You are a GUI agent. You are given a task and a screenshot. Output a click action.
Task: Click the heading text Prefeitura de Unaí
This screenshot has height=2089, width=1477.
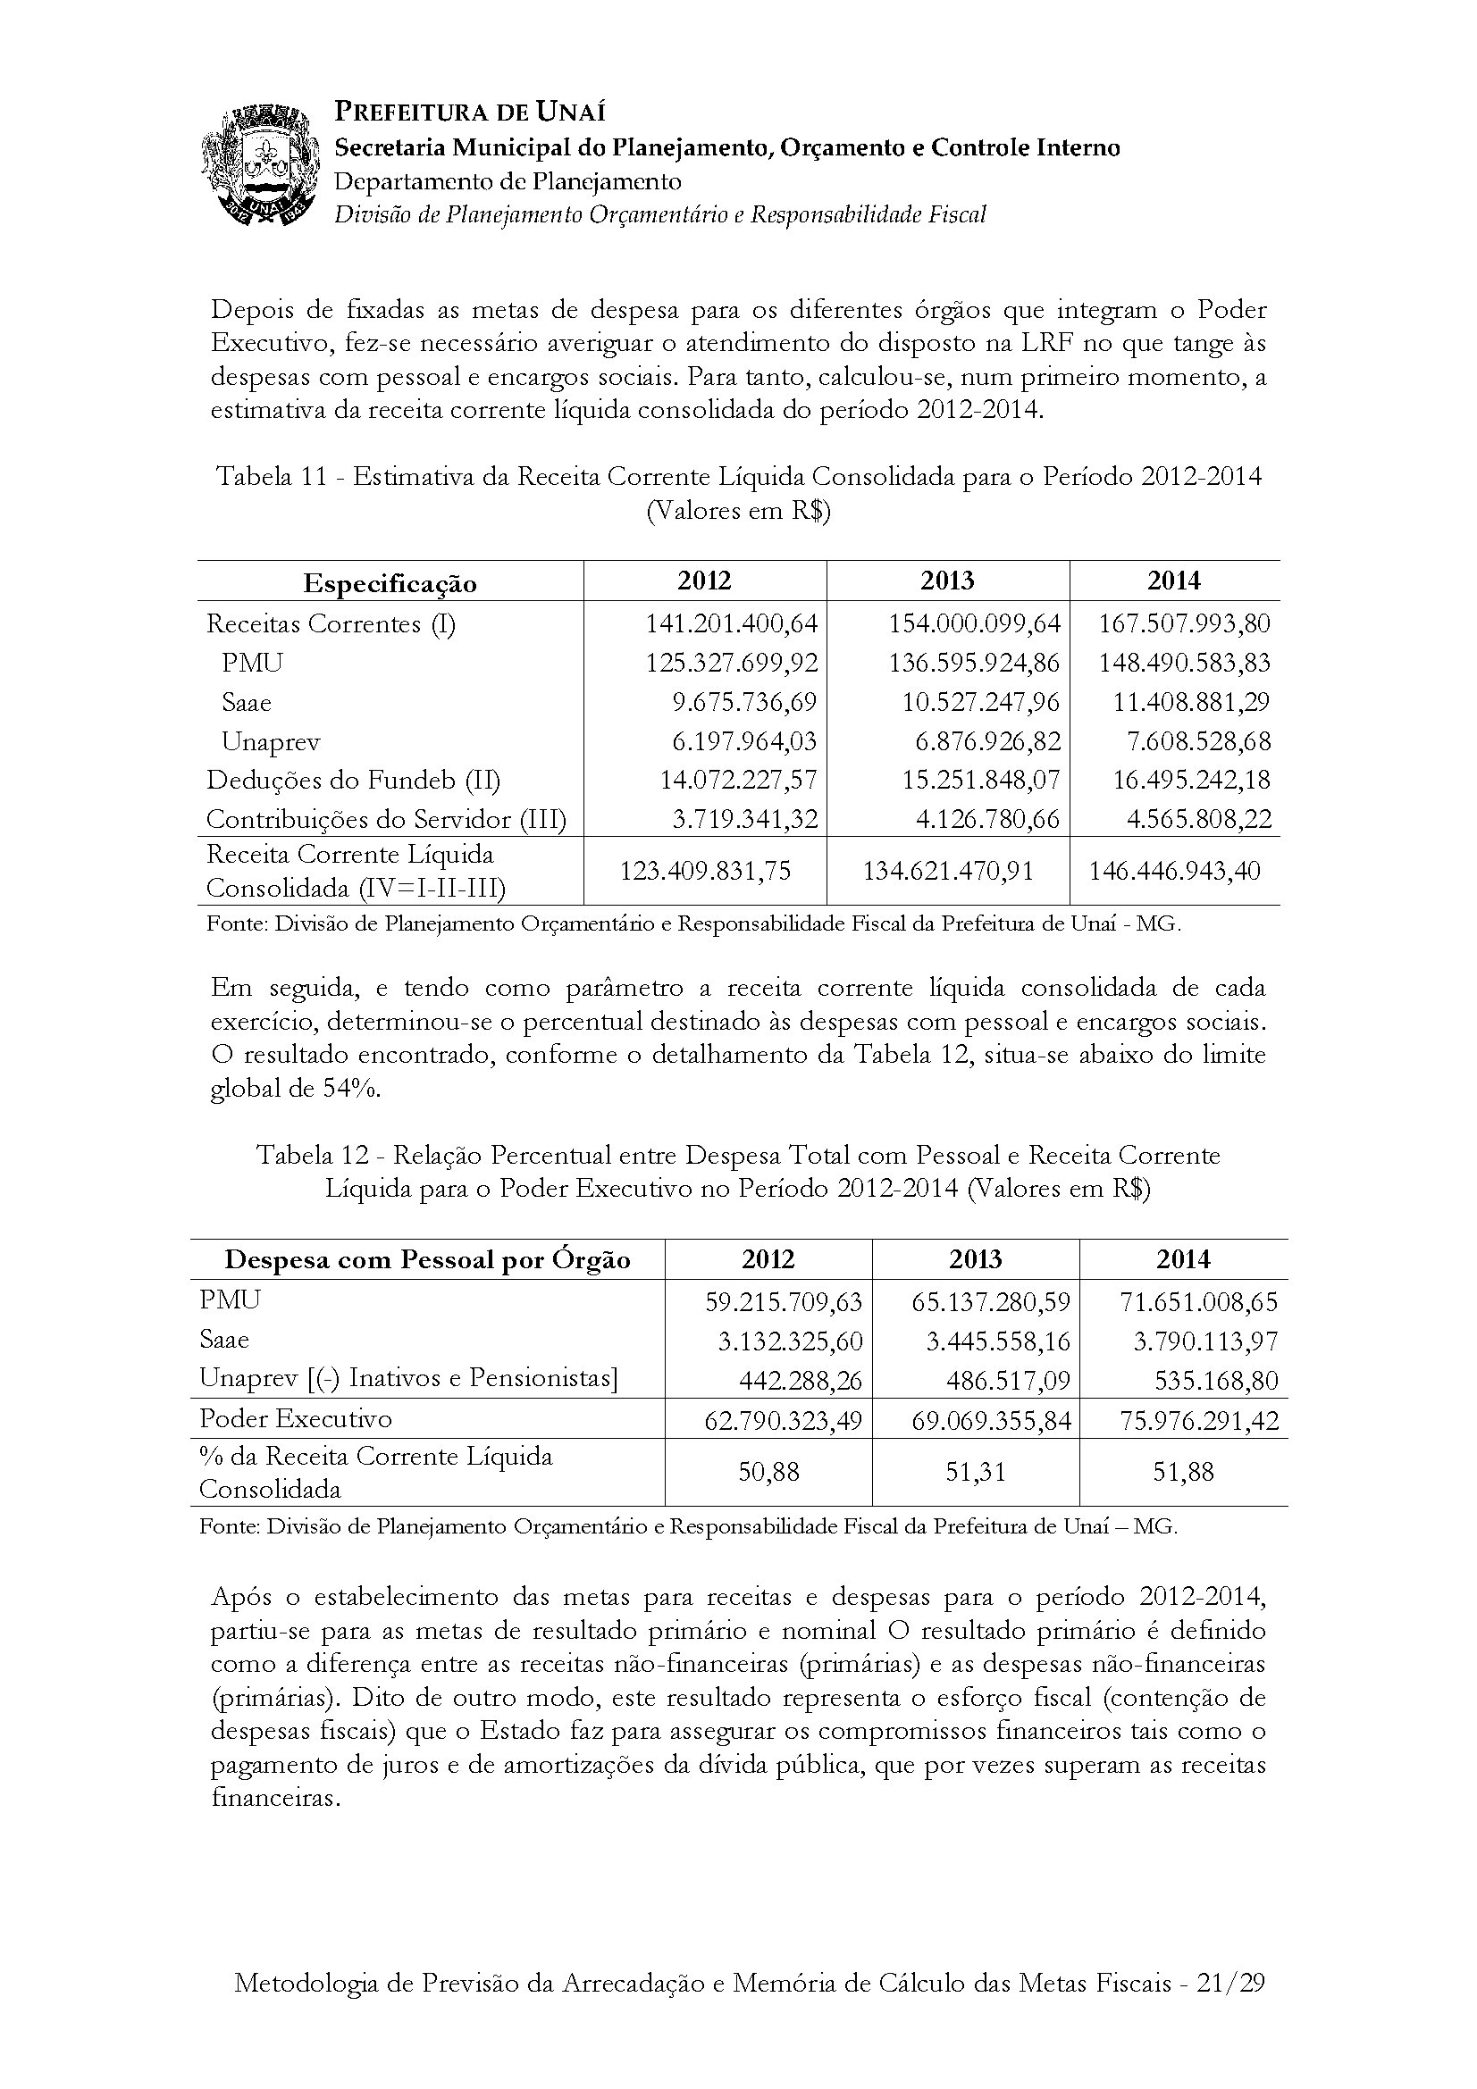[x=470, y=112]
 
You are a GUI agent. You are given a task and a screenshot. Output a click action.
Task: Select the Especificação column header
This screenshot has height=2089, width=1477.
[x=390, y=583]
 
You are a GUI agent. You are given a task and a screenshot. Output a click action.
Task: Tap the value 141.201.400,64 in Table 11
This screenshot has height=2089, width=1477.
[x=732, y=623]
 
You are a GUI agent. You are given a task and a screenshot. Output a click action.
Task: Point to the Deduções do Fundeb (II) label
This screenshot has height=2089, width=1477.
[x=353, y=780]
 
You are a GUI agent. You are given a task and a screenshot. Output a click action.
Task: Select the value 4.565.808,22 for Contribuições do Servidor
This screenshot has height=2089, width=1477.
[x=1198, y=819]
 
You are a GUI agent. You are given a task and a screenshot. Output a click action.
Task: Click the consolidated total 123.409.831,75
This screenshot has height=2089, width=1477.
[x=705, y=871]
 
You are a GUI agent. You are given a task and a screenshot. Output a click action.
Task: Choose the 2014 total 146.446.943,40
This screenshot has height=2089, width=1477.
[x=1175, y=871]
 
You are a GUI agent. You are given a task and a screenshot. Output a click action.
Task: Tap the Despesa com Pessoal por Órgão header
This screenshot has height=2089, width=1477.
[x=427, y=1260]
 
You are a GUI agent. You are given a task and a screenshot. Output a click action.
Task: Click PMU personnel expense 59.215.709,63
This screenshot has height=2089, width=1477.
[x=784, y=1301]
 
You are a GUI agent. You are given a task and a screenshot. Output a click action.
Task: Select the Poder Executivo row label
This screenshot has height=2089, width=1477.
[x=296, y=1418]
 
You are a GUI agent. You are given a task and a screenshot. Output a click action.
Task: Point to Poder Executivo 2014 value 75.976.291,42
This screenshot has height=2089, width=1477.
[x=1198, y=1420]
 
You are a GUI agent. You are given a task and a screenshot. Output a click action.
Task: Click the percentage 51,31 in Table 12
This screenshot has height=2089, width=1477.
[x=976, y=1472]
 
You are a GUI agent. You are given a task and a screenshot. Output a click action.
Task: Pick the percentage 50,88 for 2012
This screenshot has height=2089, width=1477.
[x=768, y=1472]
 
